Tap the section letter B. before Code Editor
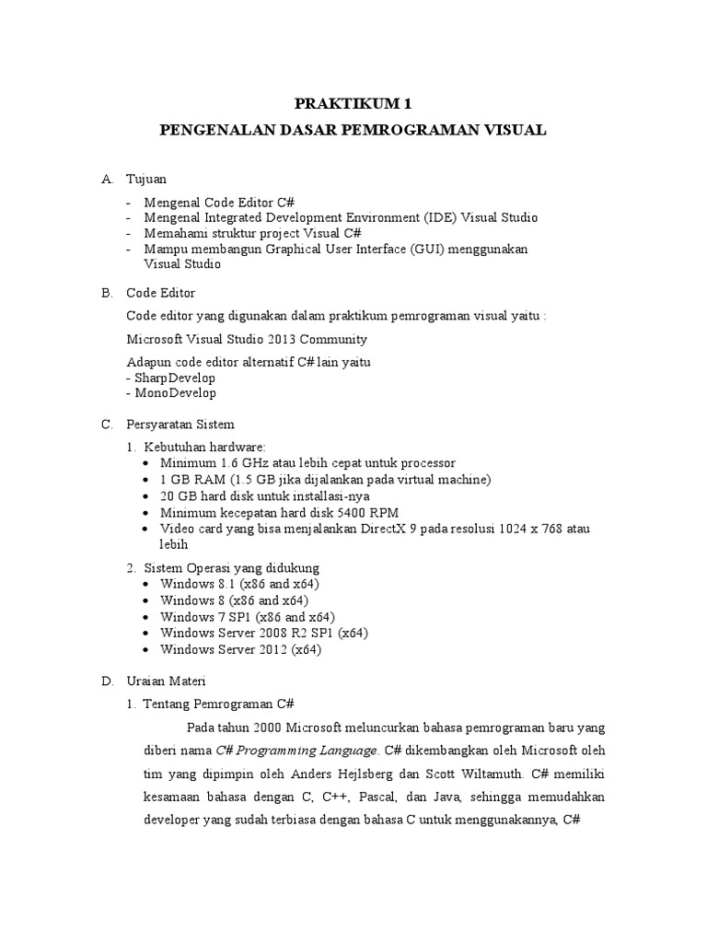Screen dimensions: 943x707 107,294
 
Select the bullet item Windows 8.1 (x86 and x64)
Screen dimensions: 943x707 239,584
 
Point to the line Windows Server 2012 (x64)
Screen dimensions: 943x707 240,649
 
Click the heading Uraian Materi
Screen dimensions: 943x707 169,681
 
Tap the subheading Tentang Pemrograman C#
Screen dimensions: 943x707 218,704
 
